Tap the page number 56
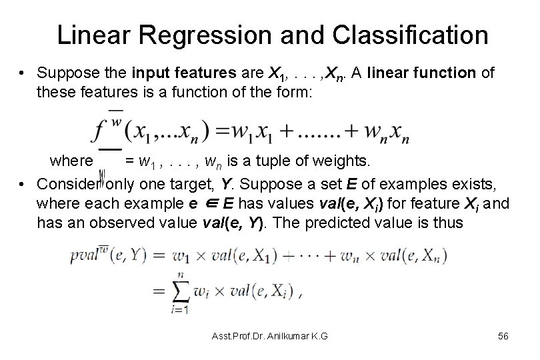pos(503,337)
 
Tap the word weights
pos(347,161)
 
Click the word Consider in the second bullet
pos(66,183)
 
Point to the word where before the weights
pos(71,161)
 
